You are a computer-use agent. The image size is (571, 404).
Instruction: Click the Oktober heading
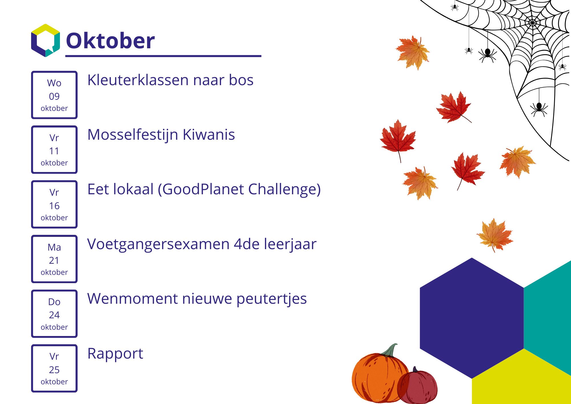pos(110,41)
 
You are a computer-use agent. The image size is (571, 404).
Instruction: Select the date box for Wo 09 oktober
pos(54,95)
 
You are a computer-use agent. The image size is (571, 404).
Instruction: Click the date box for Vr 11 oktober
pos(54,149)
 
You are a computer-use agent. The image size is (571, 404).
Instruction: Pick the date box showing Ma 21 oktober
pos(54,259)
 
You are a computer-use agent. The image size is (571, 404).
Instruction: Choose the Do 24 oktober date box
pos(54,314)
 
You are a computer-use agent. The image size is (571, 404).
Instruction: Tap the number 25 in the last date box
pos(54,370)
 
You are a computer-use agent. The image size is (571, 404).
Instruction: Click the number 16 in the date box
pos(54,206)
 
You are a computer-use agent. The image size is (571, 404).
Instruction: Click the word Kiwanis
pos(209,135)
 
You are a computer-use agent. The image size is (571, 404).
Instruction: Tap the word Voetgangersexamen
pos(158,245)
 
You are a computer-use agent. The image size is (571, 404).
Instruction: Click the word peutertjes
pos(272,299)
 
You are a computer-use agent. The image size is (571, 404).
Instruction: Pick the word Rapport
pos(115,354)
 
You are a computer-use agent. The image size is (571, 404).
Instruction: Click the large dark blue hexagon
pos(472,318)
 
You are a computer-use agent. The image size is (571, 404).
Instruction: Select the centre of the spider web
pos(532,22)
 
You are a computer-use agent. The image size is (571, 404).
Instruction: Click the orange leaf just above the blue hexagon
pos(495,235)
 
